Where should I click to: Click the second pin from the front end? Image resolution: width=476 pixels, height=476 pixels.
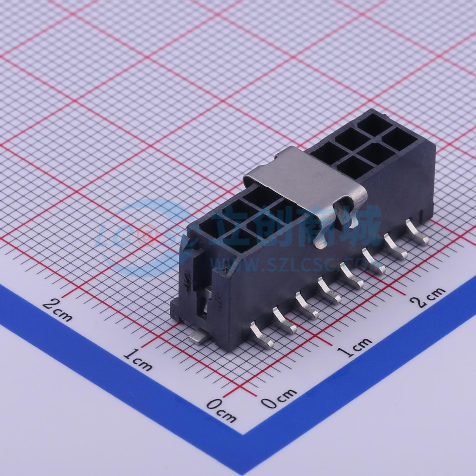click(x=285, y=320)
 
